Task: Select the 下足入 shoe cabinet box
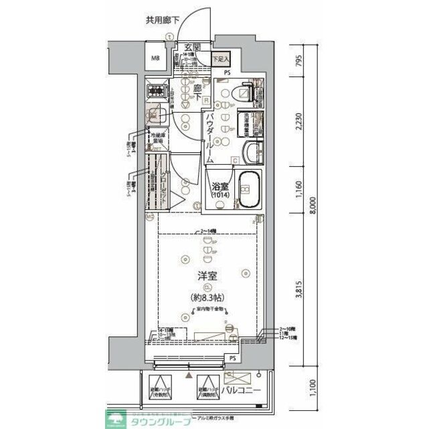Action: coord(219,58)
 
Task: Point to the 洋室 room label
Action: coord(206,275)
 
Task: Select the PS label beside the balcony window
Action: coord(232,359)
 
